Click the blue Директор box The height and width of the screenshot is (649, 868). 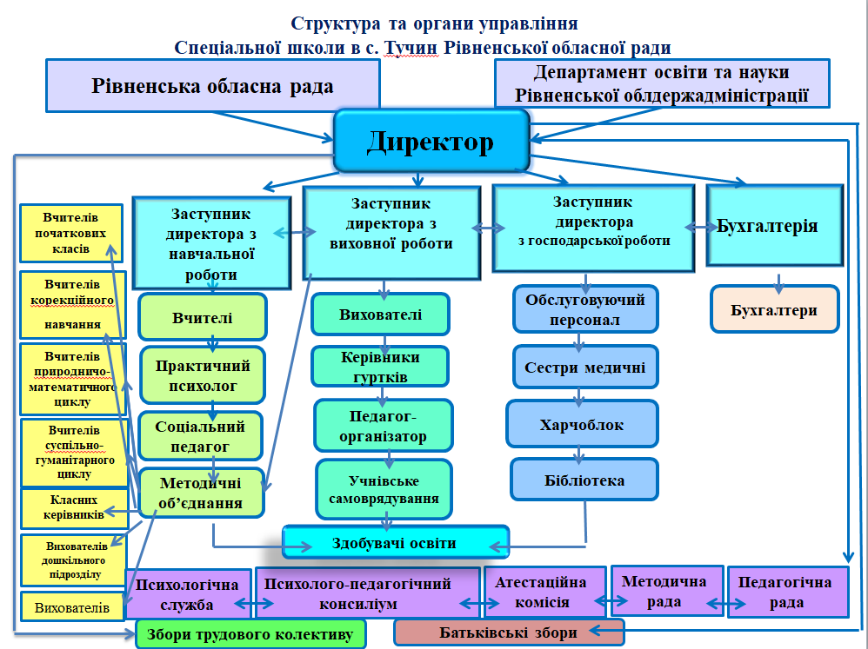(431, 140)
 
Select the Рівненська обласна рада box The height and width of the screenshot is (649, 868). (213, 86)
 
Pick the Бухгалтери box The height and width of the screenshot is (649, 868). (774, 309)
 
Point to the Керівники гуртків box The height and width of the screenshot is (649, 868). (380, 367)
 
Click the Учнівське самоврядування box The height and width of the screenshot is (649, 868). (384, 490)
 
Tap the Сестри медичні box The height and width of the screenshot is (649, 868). (584, 368)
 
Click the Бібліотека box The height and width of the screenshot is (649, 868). (584, 480)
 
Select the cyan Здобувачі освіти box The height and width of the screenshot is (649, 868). (395, 543)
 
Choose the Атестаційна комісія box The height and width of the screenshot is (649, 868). (541, 592)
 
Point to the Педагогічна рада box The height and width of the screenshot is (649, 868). (788, 592)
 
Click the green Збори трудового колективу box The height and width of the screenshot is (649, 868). (250, 635)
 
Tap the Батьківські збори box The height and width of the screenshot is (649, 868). (509, 632)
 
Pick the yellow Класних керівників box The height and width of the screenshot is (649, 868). (74, 507)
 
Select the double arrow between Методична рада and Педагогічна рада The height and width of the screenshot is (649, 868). (717, 601)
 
